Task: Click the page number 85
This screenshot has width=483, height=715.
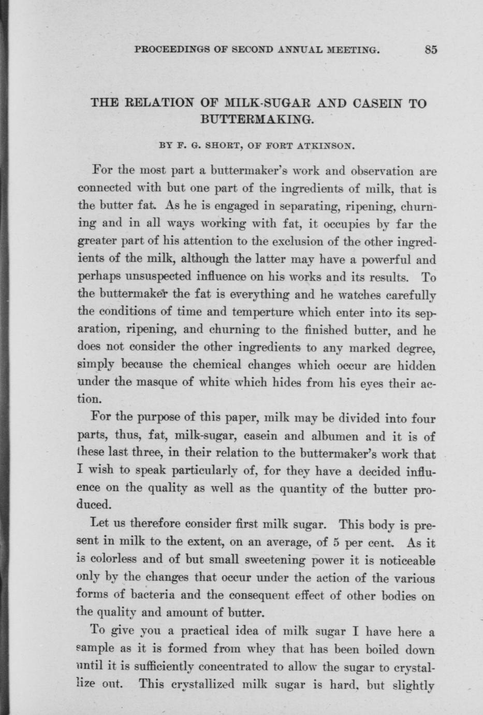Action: point(431,50)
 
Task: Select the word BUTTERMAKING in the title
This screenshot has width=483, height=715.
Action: point(257,119)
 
